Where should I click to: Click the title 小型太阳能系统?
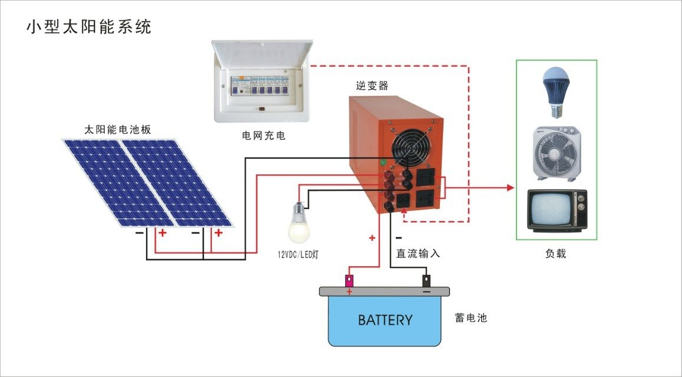click(x=89, y=27)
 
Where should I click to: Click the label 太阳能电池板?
click(x=118, y=130)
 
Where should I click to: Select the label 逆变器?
click(x=372, y=85)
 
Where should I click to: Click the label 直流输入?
click(x=418, y=253)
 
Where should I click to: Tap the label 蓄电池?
click(x=471, y=318)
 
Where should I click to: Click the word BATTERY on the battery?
click(x=385, y=320)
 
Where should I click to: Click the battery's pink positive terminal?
click(x=349, y=279)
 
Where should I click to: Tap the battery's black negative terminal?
click(x=426, y=279)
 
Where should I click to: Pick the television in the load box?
click(x=557, y=210)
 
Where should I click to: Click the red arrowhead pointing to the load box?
click(x=511, y=188)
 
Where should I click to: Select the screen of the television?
click(x=549, y=210)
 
